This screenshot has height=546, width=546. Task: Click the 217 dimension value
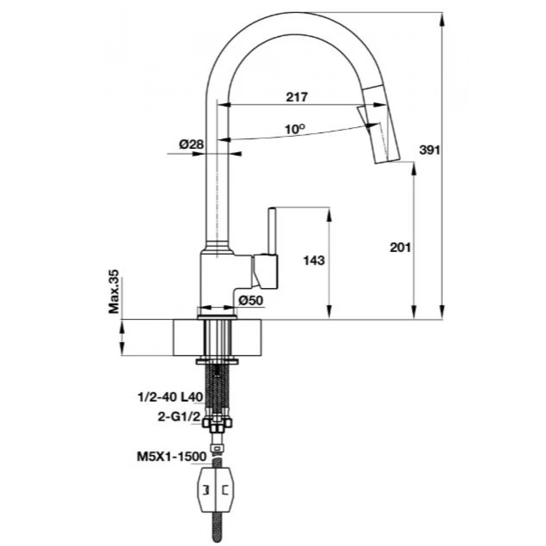(297, 98)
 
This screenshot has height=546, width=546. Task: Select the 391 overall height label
(430, 150)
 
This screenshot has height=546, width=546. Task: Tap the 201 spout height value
(400, 247)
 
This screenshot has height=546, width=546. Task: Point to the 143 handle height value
(314, 260)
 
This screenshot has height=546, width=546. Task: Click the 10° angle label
(295, 129)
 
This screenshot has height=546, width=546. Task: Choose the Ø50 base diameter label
(251, 301)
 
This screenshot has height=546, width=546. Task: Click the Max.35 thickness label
(114, 292)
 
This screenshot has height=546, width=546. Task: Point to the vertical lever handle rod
(272, 230)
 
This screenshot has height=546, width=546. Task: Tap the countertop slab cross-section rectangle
(217, 338)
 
